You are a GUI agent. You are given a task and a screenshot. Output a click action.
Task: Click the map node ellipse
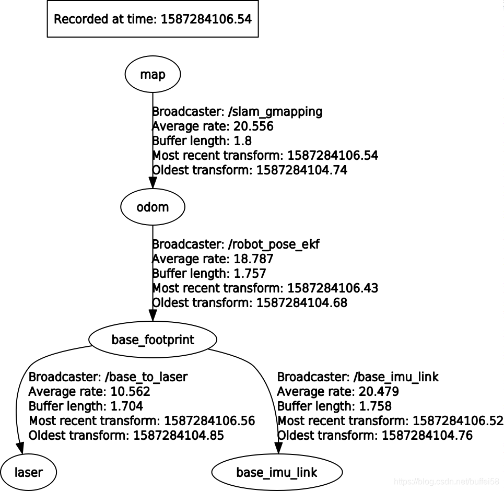tap(153, 75)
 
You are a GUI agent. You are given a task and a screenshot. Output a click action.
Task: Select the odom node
tap(153, 207)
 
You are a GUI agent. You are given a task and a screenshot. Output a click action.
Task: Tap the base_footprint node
tap(153, 340)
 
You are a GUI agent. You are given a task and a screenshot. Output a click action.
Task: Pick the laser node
tap(29, 473)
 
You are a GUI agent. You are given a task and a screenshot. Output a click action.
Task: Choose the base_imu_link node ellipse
tap(277, 473)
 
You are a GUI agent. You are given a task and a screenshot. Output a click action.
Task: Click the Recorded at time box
tap(153, 19)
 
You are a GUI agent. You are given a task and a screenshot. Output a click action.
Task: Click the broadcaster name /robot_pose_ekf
tap(275, 244)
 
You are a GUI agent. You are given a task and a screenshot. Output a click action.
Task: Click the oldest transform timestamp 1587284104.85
tap(179, 435)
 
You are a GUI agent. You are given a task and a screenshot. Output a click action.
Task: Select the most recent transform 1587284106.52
tap(458, 420)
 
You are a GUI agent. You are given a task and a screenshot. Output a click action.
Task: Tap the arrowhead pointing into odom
tap(153, 183)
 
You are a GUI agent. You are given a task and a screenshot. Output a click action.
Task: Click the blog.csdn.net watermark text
tap(447, 480)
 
